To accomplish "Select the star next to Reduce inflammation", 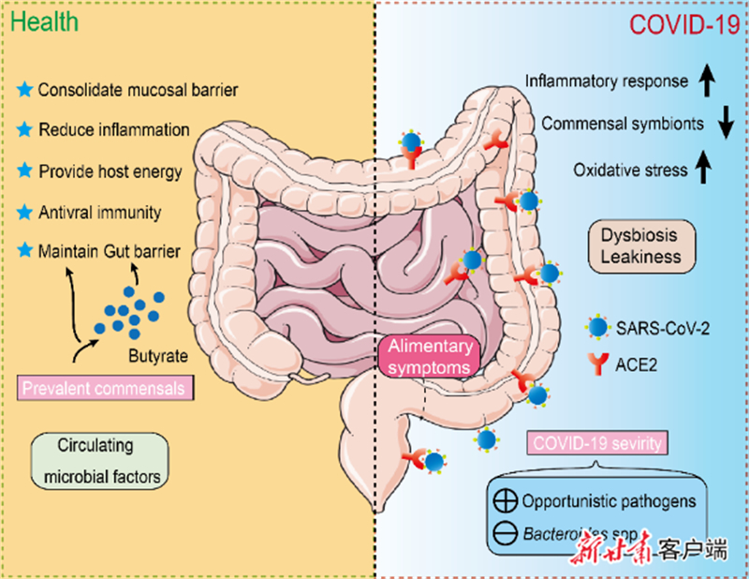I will [x=25, y=129].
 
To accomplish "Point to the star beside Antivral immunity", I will [x=25, y=211].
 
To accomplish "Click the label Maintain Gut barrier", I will [x=110, y=251].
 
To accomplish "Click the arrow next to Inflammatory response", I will [x=709, y=83].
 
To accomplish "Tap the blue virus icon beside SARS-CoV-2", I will [x=596, y=328].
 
